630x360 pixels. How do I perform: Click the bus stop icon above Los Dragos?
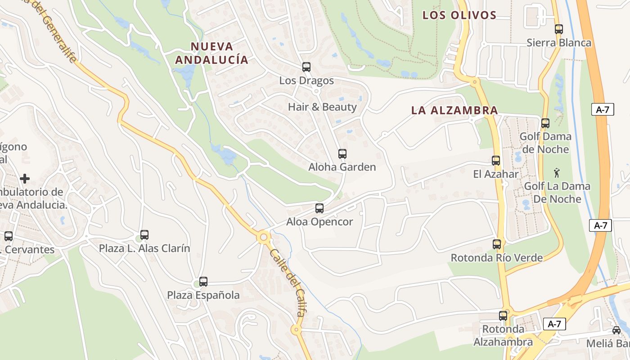pos(306,67)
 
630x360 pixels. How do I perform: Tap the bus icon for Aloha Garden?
pos(342,154)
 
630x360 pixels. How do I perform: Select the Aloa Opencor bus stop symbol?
pos(319,208)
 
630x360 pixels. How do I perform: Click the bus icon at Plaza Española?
pos(203,282)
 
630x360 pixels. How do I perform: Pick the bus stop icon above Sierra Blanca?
pos(559,29)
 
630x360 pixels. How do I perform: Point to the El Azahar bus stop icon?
pos(496,161)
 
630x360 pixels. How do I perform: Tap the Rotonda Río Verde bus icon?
pos(497,244)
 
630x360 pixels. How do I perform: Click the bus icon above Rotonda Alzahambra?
pos(503,316)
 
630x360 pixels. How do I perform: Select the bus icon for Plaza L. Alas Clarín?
pos(144,235)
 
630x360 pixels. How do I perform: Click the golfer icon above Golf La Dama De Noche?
pos(557,172)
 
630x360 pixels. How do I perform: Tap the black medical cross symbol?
pos(25,179)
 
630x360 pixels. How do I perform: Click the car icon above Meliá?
pos(616,330)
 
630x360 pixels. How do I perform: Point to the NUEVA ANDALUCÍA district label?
pos(211,53)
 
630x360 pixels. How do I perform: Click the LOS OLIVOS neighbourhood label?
pos(459,15)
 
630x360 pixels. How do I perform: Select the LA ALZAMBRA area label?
pos(454,110)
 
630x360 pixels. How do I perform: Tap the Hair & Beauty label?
pos(322,107)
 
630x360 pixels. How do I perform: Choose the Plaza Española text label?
pos(203,295)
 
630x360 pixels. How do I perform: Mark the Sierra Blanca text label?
pos(559,43)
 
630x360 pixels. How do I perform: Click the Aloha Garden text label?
pos(342,167)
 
